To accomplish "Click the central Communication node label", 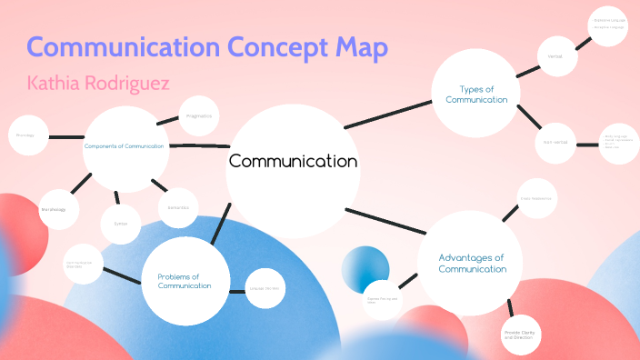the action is click(x=293, y=162).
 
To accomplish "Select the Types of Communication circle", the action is click(x=475, y=94).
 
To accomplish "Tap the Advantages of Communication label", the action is click(x=472, y=263).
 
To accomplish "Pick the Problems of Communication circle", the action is click(x=184, y=281).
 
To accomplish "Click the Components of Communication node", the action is click(x=125, y=146).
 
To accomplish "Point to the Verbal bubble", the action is click(x=555, y=56).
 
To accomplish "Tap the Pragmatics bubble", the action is click(x=198, y=116).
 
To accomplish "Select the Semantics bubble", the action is click(x=178, y=207).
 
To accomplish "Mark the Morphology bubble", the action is click(x=54, y=210).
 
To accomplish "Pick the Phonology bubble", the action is click(x=26, y=135).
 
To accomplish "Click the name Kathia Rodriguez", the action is click(x=98, y=84).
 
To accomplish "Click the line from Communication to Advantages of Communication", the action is click(x=382, y=224).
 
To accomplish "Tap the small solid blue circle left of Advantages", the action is click(x=365, y=270).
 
